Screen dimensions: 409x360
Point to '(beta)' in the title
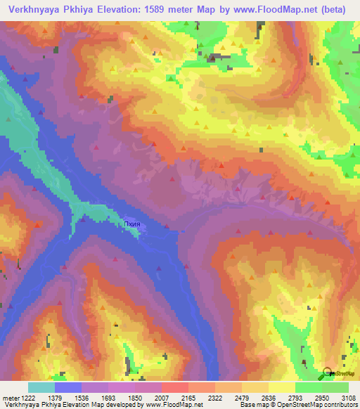pyautogui.click(x=330, y=9)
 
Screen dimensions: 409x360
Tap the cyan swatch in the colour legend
pyautogui.click(x=41, y=387)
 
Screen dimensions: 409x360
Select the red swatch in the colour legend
pyautogui.click(x=175, y=387)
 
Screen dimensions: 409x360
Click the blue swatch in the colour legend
pyautogui.click(x=68, y=387)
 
